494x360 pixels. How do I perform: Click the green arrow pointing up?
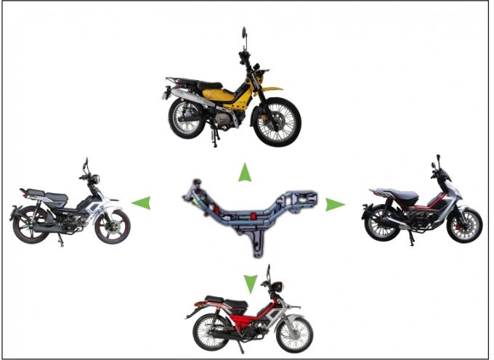[x=246, y=173]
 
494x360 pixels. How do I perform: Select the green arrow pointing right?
[x=334, y=205]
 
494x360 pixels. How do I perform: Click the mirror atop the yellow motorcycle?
[x=243, y=33]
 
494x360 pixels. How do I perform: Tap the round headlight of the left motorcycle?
[x=93, y=179]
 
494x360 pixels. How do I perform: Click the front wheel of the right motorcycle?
[x=463, y=224]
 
